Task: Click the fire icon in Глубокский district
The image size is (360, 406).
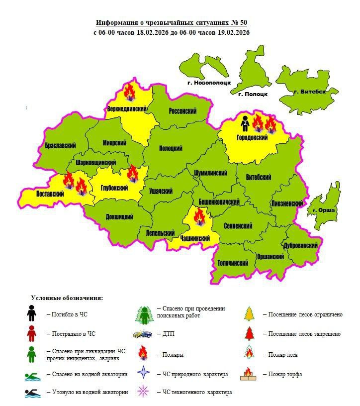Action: (133, 174)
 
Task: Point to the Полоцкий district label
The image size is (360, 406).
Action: (171, 148)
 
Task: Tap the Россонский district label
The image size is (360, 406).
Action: (183, 111)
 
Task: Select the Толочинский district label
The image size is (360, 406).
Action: (233, 262)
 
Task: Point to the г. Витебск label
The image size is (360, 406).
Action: (310, 92)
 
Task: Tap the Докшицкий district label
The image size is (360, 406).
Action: (119, 217)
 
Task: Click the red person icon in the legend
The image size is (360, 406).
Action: (31, 333)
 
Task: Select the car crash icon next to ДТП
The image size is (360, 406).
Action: (143, 334)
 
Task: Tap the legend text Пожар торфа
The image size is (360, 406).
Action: (285, 374)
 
